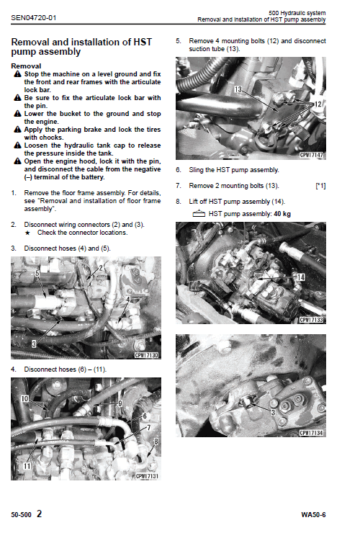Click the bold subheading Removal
(28, 65)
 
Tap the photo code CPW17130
(145, 355)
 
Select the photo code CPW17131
(145, 476)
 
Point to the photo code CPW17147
(313, 155)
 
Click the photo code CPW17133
(313, 319)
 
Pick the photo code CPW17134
(313, 432)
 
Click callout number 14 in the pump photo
(300, 277)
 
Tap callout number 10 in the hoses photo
(25, 398)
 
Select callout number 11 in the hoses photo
(28, 465)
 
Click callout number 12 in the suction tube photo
(318, 104)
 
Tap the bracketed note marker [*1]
(320, 186)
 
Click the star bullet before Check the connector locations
(27, 233)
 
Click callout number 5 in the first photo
(37, 274)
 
